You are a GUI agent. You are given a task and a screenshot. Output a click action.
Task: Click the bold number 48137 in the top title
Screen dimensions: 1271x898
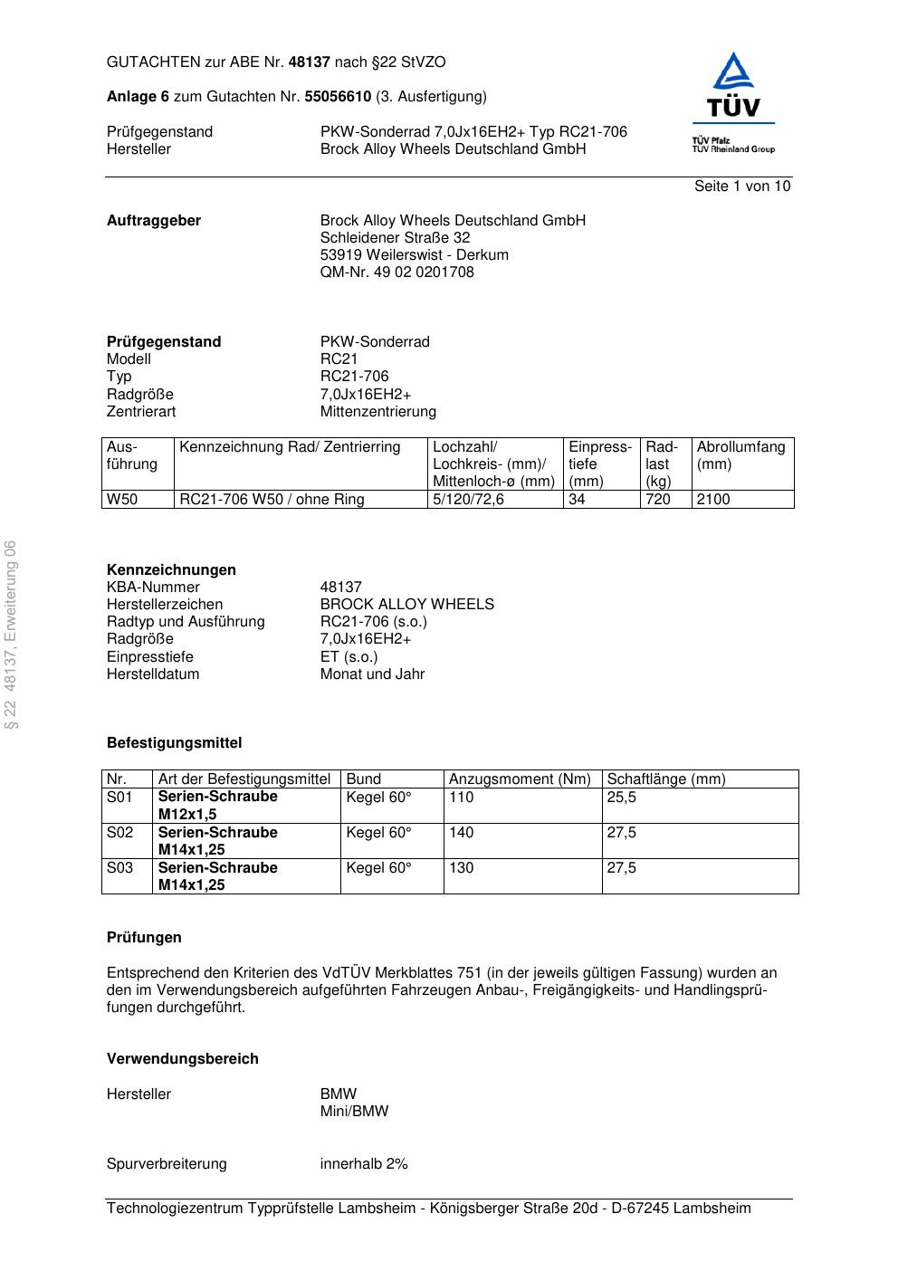(x=310, y=62)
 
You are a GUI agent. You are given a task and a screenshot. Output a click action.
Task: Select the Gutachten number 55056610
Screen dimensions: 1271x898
(x=338, y=97)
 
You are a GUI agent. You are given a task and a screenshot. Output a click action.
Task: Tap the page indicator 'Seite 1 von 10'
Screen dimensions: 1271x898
(x=741, y=186)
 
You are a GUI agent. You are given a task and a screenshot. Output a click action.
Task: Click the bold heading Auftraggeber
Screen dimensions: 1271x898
(x=154, y=221)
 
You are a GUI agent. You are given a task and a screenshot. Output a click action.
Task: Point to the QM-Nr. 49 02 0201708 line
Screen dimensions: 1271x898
(x=396, y=272)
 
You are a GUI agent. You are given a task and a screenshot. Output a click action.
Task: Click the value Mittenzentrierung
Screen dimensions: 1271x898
(x=377, y=412)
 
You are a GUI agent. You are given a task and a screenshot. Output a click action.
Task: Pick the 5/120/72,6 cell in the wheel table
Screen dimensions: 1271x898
(x=468, y=500)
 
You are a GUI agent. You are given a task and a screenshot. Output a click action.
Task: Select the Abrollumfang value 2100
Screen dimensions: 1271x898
(x=712, y=500)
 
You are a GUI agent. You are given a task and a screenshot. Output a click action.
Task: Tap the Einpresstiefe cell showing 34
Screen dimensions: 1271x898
(x=577, y=500)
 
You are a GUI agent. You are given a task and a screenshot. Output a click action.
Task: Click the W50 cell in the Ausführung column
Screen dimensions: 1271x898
(x=122, y=500)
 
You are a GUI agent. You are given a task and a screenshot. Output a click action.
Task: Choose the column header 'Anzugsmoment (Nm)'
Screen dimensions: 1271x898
(x=520, y=779)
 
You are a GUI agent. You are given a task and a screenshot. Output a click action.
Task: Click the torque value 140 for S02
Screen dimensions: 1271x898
(x=461, y=833)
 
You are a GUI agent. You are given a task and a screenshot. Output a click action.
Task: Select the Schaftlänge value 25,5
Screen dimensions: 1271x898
(x=621, y=798)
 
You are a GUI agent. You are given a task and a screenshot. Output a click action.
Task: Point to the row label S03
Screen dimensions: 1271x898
(x=119, y=868)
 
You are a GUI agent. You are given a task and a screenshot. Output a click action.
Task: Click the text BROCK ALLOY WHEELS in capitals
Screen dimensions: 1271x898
(x=406, y=605)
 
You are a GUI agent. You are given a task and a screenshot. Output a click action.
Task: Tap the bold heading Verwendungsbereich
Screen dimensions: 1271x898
(x=182, y=1059)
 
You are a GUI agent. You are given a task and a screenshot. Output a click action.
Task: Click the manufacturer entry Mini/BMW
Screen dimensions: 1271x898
(x=354, y=1112)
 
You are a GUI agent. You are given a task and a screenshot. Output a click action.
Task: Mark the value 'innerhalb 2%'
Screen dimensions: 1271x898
(x=364, y=1164)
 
